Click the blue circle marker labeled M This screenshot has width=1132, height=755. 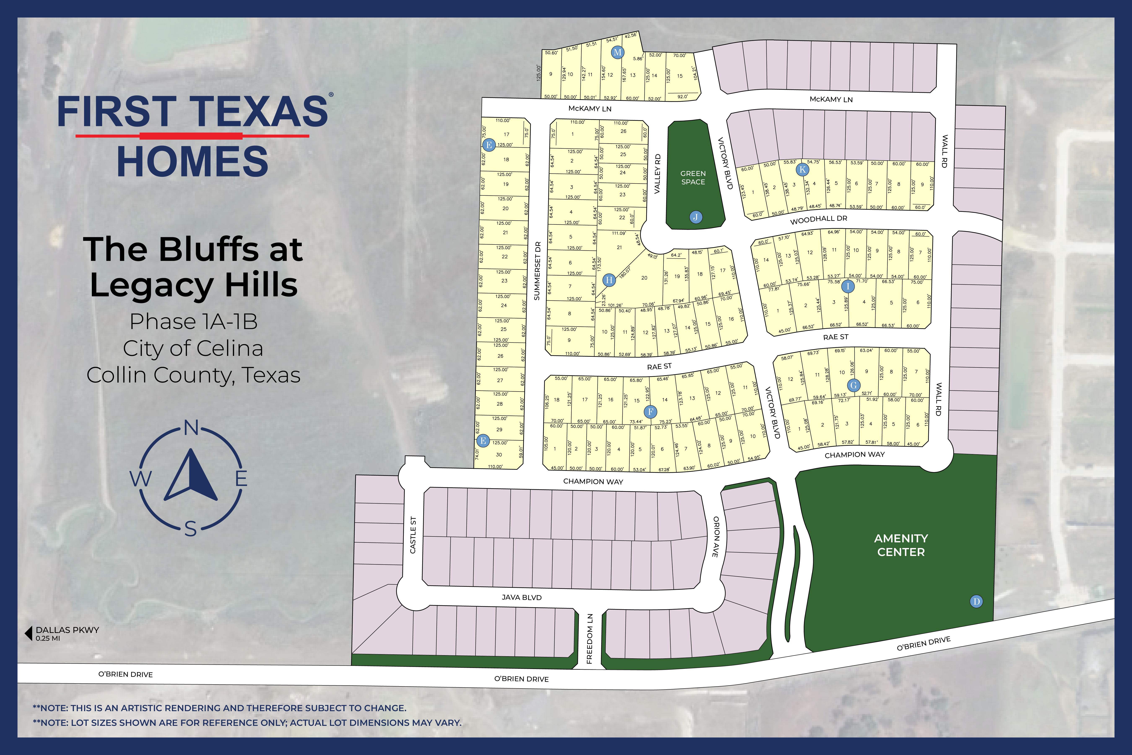point(618,52)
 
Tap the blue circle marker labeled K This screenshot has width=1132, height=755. point(802,169)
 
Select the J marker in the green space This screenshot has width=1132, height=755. point(696,217)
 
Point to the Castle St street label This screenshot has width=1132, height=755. point(413,535)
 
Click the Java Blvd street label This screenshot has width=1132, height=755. point(522,597)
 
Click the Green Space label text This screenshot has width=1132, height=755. point(693,178)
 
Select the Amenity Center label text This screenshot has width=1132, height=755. point(901,545)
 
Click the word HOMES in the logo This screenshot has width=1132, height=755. point(192,162)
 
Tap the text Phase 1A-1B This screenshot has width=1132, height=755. point(193,322)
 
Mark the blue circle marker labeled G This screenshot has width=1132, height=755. point(854,385)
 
